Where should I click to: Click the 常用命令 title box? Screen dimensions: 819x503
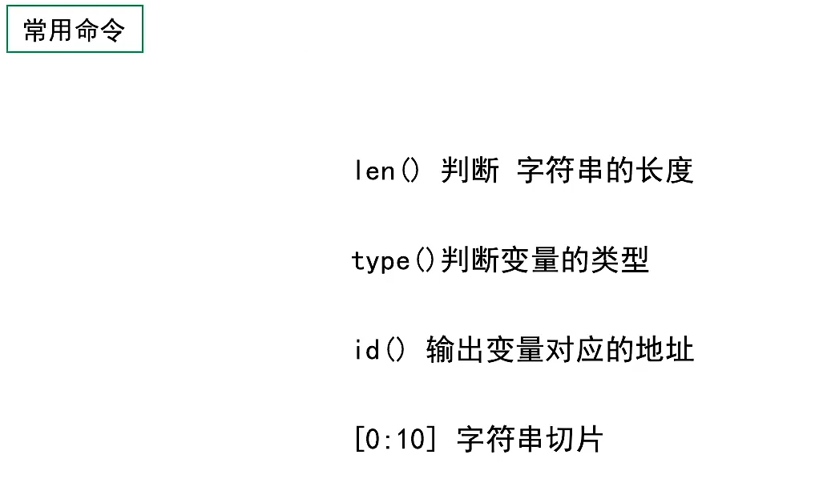[75, 30]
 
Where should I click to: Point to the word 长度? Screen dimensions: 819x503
[665, 171]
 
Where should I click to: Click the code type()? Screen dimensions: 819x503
[394, 261]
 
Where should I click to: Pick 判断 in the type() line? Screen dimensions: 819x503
[470, 261]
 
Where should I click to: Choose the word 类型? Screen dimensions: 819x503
[621, 261]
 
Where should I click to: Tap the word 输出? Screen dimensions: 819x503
[455, 351]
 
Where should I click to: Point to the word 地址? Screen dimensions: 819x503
[665, 351]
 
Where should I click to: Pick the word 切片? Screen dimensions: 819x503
[575, 441]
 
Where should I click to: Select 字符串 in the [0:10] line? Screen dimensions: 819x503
[500, 441]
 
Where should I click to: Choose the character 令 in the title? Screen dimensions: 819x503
[112, 30]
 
